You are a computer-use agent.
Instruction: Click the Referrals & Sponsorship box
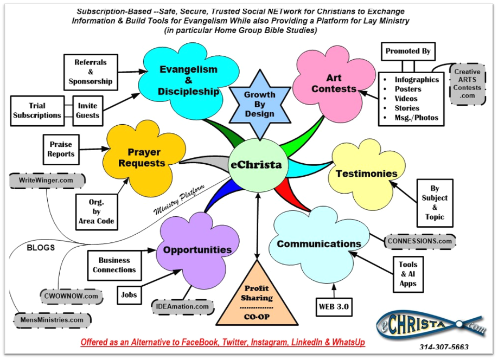point(90,72)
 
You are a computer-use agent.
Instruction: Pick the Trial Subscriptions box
point(37,110)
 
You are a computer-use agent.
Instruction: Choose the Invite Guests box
point(88,110)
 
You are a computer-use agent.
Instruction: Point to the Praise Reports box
point(61,150)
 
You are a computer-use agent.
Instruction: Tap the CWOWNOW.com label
point(71,296)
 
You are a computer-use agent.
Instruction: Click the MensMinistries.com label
point(52,320)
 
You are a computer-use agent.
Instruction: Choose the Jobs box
point(129,295)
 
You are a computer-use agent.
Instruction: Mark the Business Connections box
point(114,265)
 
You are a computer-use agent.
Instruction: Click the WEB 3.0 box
point(333,307)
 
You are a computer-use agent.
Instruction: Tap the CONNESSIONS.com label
point(419,241)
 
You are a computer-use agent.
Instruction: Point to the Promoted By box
point(408,52)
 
